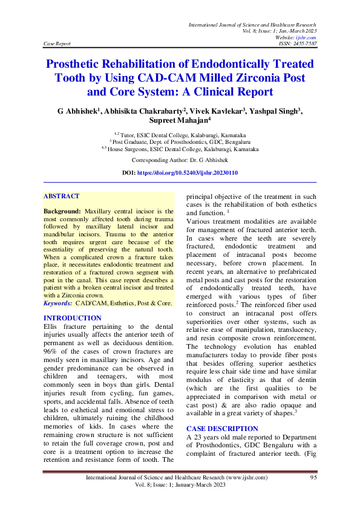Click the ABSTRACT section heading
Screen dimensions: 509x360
61,196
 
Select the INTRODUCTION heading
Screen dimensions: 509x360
72,318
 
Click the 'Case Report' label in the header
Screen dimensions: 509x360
57,44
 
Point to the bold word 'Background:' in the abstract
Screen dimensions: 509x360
63,212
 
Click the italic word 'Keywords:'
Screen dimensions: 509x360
57,302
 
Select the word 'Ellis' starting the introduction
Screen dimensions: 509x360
52,326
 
